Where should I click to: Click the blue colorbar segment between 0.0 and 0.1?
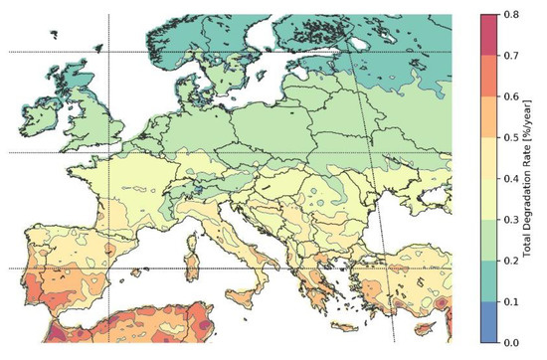[489, 321]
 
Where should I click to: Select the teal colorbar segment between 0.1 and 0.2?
[489, 280]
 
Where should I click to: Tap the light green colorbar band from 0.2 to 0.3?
[489, 240]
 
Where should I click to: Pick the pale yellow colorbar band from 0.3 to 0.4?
[489, 199]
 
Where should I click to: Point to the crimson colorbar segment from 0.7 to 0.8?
[489, 35]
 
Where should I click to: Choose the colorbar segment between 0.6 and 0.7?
[489, 76]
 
